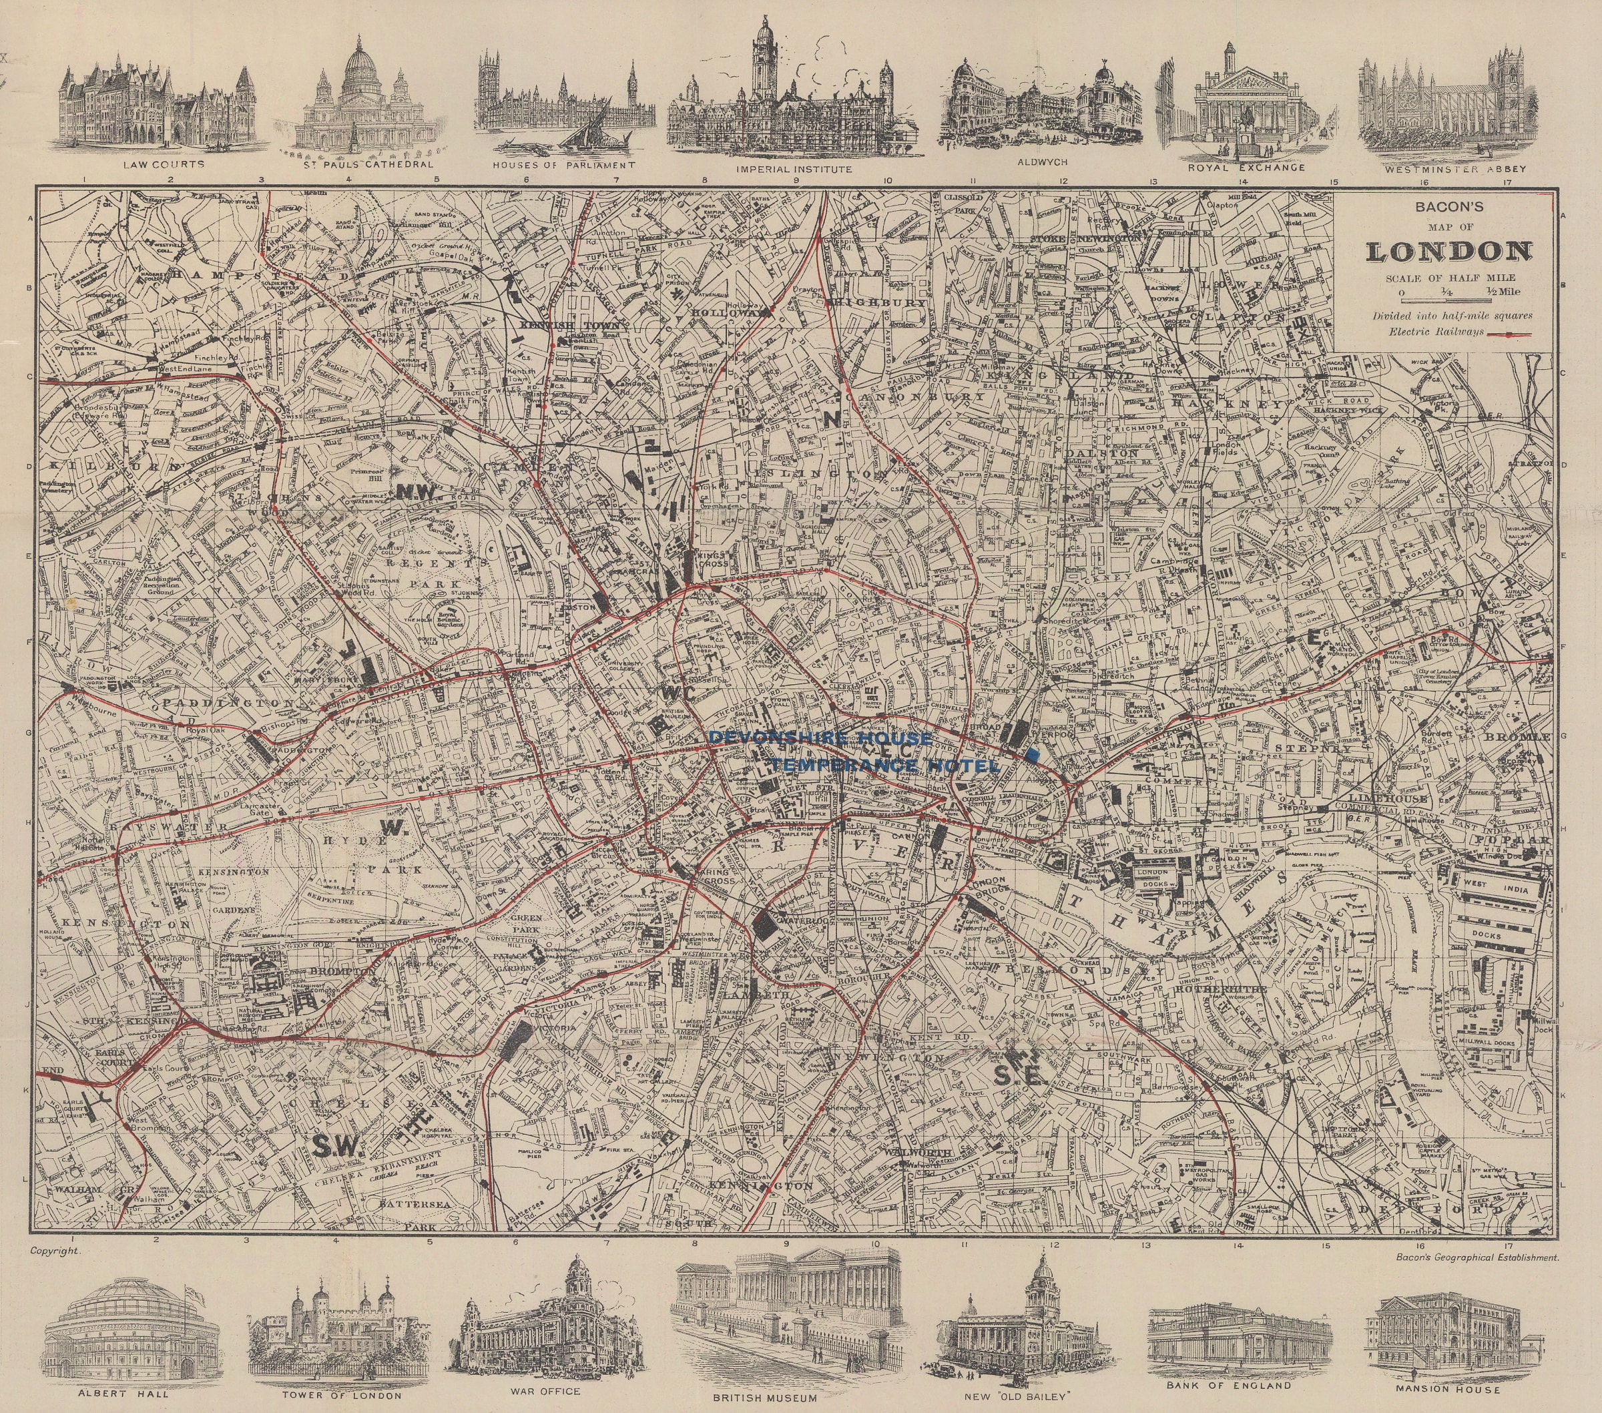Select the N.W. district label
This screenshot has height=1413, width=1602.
[416, 491]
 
